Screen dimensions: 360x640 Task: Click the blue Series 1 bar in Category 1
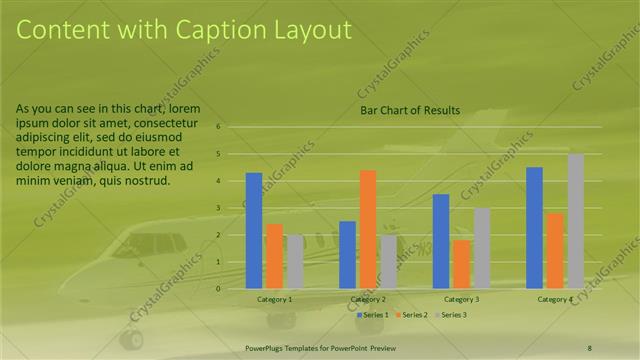point(254,231)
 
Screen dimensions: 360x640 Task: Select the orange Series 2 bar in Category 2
point(368,229)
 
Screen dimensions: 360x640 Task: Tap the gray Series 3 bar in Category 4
point(575,221)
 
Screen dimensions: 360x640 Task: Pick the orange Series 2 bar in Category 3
point(461,264)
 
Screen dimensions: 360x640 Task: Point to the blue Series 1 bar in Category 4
point(534,228)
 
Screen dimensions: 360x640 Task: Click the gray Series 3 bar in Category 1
point(294,262)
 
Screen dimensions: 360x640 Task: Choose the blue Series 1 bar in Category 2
point(347,255)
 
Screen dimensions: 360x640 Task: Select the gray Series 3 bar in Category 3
point(482,248)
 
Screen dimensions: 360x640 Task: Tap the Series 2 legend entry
point(412,315)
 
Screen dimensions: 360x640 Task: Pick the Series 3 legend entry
point(451,315)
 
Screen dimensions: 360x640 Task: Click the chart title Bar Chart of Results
point(409,110)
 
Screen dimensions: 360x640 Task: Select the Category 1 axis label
point(274,299)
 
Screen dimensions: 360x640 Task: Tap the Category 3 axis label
point(461,299)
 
